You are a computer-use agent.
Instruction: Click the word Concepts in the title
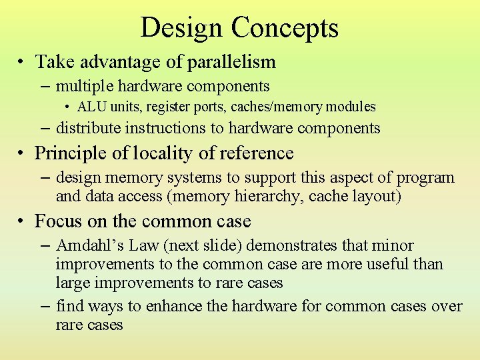[x=285, y=29]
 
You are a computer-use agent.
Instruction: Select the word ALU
[x=91, y=107]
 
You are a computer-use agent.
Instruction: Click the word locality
[x=163, y=153]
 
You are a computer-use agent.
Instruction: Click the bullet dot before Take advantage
[x=22, y=63]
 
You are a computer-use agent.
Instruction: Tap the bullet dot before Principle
[x=22, y=154]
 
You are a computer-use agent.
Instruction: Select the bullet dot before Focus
[x=22, y=221]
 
